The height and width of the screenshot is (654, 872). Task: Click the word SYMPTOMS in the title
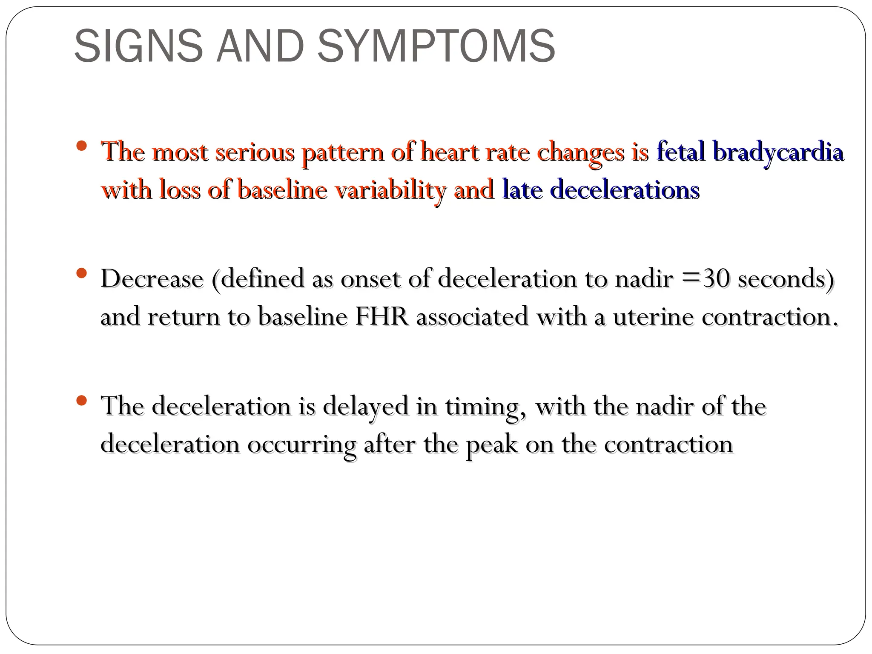click(436, 46)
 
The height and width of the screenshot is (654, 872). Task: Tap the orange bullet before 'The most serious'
click(82, 146)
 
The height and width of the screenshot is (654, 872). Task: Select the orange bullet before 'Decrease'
click(82, 272)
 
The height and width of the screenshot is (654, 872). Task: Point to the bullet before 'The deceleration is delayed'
click(82, 400)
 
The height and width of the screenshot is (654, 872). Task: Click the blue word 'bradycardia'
click(777, 152)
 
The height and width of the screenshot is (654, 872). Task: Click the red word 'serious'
click(255, 152)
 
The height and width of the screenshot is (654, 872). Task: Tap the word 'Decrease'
click(152, 279)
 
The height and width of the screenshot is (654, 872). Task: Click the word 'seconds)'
click(786, 279)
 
